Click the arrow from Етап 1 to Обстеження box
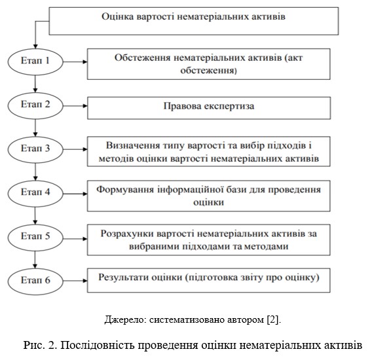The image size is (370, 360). coord(75,62)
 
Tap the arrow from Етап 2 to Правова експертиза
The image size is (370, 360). coord(75,106)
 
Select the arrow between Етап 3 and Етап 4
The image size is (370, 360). coord(35,171)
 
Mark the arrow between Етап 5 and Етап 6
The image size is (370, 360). coord(35,259)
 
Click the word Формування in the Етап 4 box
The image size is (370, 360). coord(125,190)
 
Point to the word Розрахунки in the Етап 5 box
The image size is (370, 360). coord(127,234)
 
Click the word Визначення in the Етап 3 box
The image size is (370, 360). coord(133,145)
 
